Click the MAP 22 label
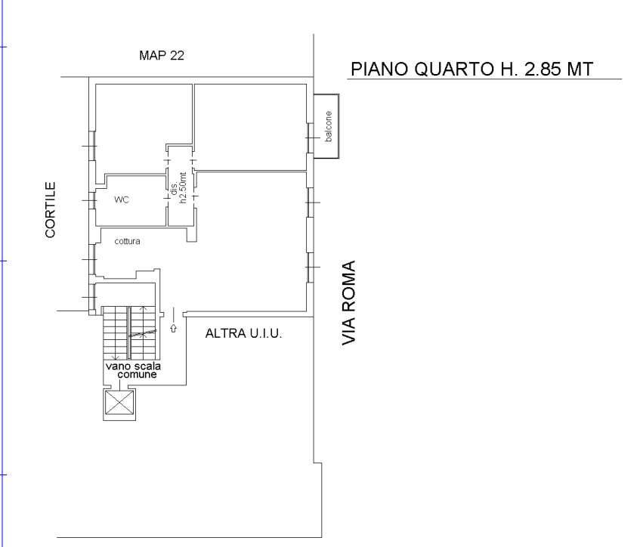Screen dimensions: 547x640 pos(162,56)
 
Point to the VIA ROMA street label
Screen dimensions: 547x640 pos(349,304)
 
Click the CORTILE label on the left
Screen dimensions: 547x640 pos(51,209)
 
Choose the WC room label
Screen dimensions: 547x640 pos(122,201)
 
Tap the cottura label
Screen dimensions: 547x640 pos(128,242)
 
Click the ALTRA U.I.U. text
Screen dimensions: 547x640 pos(243,332)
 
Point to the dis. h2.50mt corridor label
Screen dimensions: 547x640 pos(178,192)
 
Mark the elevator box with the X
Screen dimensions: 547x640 pos(117,403)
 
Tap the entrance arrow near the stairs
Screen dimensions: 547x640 pos(174,328)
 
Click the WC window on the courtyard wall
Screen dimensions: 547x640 pos(91,200)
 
